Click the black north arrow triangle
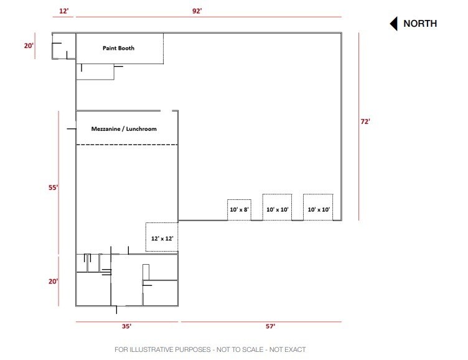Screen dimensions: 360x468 tap(393, 24)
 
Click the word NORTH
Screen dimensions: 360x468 tap(420, 24)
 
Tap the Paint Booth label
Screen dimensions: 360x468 tap(118, 48)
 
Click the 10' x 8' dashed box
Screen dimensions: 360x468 tap(239, 210)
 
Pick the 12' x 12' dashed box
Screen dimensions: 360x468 tap(162, 237)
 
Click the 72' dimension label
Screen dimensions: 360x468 tap(365, 121)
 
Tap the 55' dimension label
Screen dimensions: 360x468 tap(54, 187)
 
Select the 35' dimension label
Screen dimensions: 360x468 tap(126, 326)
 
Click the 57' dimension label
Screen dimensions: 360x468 tap(270, 326)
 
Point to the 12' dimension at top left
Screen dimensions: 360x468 tap(63, 11)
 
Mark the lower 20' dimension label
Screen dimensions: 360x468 tap(54, 281)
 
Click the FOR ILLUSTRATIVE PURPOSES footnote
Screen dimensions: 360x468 tap(210, 349)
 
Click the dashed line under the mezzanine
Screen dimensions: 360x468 tap(127, 145)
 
